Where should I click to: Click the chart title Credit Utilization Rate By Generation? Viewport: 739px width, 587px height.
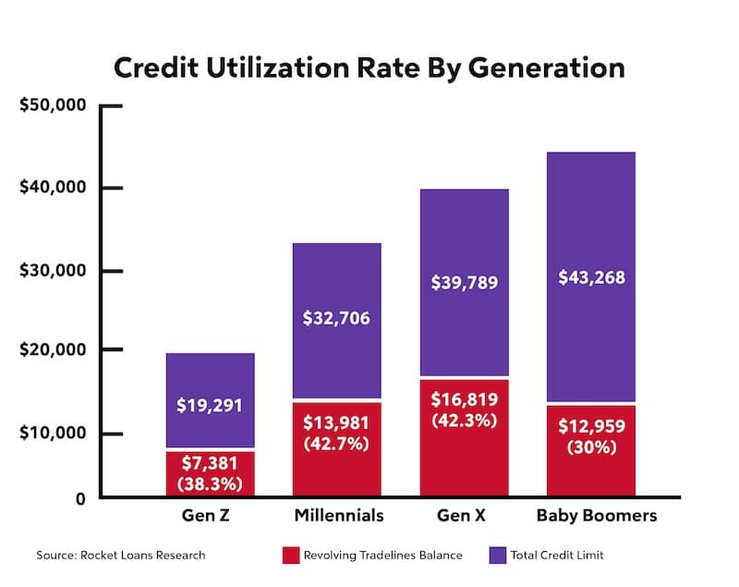click(369, 68)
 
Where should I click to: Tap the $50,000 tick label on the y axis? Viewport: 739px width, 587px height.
click(53, 105)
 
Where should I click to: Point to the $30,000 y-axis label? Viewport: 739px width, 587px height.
click(53, 271)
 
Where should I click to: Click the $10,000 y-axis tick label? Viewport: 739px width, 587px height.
click(53, 433)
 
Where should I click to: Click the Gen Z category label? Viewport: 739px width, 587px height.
click(210, 516)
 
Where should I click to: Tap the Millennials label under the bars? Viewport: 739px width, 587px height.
click(337, 516)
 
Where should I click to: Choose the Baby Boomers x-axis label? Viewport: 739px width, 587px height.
click(590, 516)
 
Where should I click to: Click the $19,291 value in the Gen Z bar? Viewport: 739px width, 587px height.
click(210, 404)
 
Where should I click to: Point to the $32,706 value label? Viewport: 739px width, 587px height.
click(337, 319)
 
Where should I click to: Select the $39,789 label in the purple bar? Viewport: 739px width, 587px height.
click(464, 282)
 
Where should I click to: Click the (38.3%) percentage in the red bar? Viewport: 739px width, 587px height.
click(210, 483)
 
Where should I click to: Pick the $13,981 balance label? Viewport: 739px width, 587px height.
click(337, 423)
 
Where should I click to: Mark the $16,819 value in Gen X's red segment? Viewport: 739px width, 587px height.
click(464, 399)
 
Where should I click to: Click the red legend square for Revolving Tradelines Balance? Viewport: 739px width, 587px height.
click(290, 555)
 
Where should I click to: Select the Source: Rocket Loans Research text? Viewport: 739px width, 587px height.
click(121, 555)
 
